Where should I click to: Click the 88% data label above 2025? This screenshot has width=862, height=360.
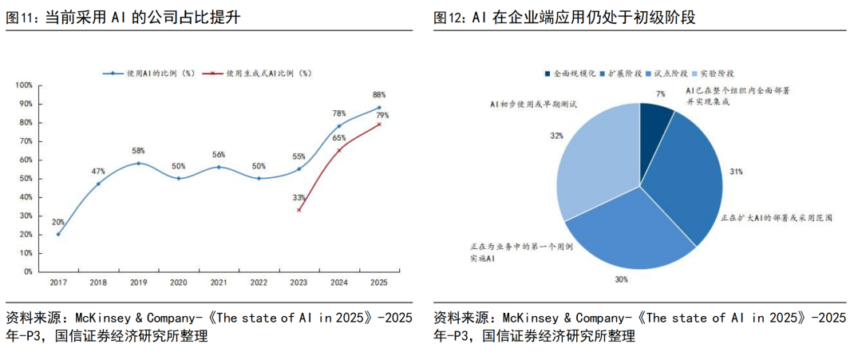pos(379,94)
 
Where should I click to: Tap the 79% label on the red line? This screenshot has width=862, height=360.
pos(382,115)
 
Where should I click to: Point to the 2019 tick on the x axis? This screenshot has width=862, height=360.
pos(139,283)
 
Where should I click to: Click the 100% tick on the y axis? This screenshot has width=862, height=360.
pos(24,85)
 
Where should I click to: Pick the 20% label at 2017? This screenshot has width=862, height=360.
pos(57,222)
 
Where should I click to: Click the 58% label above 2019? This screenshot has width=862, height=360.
pos(139,151)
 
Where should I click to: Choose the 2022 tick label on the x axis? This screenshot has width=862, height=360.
pos(258,283)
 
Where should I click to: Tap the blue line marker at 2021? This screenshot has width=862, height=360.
pos(219,167)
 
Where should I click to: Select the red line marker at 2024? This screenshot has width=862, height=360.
pos(338,149)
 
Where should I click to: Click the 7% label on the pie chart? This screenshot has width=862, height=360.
pos(659,93)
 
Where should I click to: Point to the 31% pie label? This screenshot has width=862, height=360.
pos(734,171)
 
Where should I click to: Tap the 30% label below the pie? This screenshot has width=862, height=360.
pos(621,279)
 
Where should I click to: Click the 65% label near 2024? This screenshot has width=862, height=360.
pos(339,138)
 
